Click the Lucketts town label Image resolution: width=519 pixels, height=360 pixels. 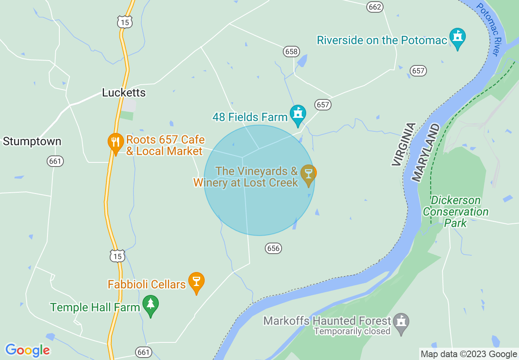[124, 93]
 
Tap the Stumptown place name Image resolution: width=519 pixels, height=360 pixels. [32, 142]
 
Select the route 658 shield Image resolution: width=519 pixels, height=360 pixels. [291, 52]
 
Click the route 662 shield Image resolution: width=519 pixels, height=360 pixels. [375, 7]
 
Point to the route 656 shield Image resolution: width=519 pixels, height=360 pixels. [273, 248]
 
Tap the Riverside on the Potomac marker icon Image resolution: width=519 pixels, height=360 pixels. [457, 38]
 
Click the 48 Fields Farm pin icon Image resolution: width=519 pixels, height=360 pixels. [298, 115]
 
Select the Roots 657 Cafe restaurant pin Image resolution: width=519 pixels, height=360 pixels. [115, 143]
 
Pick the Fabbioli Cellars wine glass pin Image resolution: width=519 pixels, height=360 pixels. [196, 282]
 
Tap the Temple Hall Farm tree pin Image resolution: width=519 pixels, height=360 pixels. [151, 305]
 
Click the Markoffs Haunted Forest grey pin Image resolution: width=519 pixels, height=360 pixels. [401, 323]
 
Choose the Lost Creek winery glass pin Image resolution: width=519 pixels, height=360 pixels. [308, 174]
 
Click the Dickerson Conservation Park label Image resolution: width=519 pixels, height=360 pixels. [456, 212]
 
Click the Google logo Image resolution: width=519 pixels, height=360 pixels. [27, 350]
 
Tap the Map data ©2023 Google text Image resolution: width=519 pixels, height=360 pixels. [469, 354]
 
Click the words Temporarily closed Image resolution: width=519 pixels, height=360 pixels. [352, 331]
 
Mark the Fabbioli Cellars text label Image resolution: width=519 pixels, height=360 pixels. [147, 284]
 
